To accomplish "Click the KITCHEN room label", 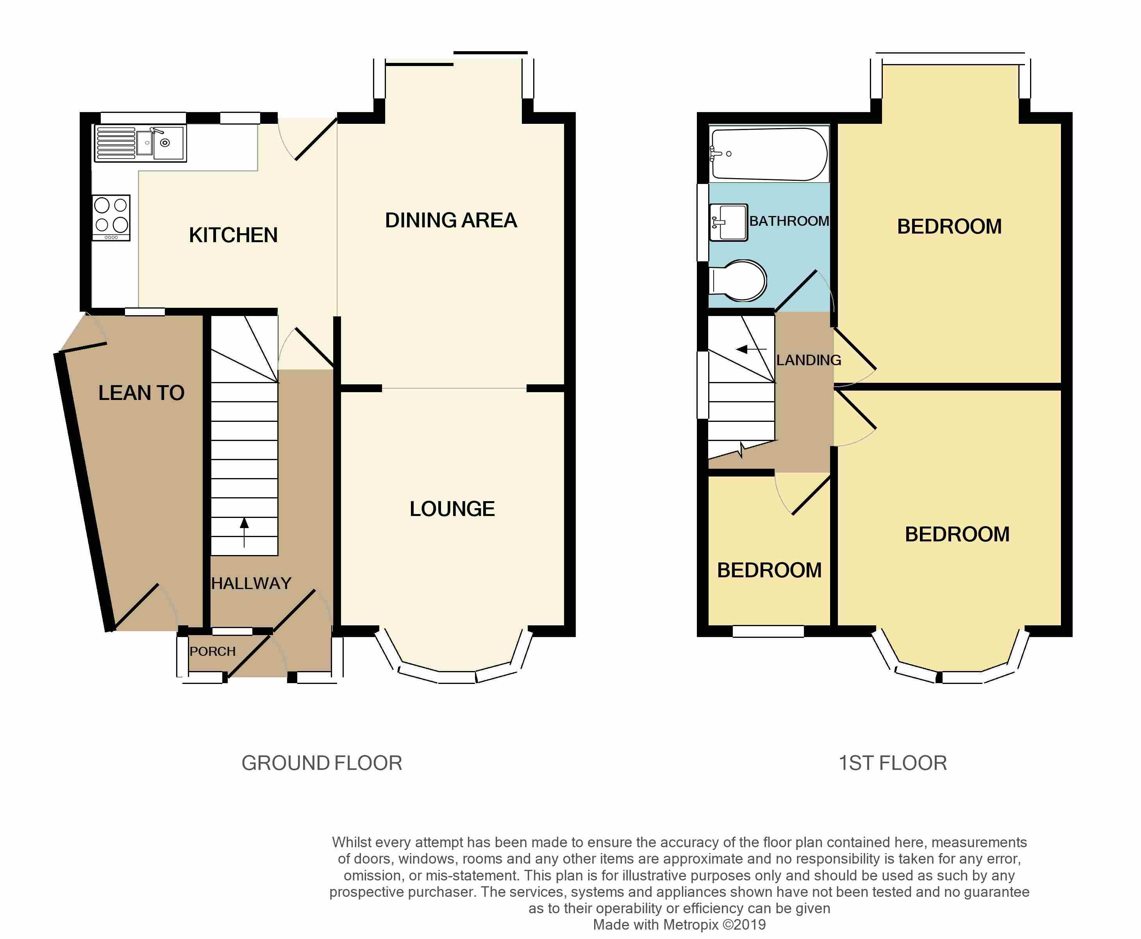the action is point(233,235).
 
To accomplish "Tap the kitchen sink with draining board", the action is point(141,143).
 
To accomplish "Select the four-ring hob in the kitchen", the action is point(111,218).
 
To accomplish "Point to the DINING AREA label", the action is point(451,220).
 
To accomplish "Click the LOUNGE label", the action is point(452,509).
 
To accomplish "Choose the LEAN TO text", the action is point(141,393).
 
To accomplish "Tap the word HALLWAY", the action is point(251,583).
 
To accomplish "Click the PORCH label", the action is point(212,651).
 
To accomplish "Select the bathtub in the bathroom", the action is point(769,154).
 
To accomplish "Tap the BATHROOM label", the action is point(789,221).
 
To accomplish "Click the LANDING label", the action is point(809,360).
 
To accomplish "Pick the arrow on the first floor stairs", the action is point(752,350).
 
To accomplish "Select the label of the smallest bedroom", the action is point(769,570).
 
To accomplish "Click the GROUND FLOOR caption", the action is point(322,763).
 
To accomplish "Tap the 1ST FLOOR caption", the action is point(893,763).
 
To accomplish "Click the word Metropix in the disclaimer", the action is point(690,925).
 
